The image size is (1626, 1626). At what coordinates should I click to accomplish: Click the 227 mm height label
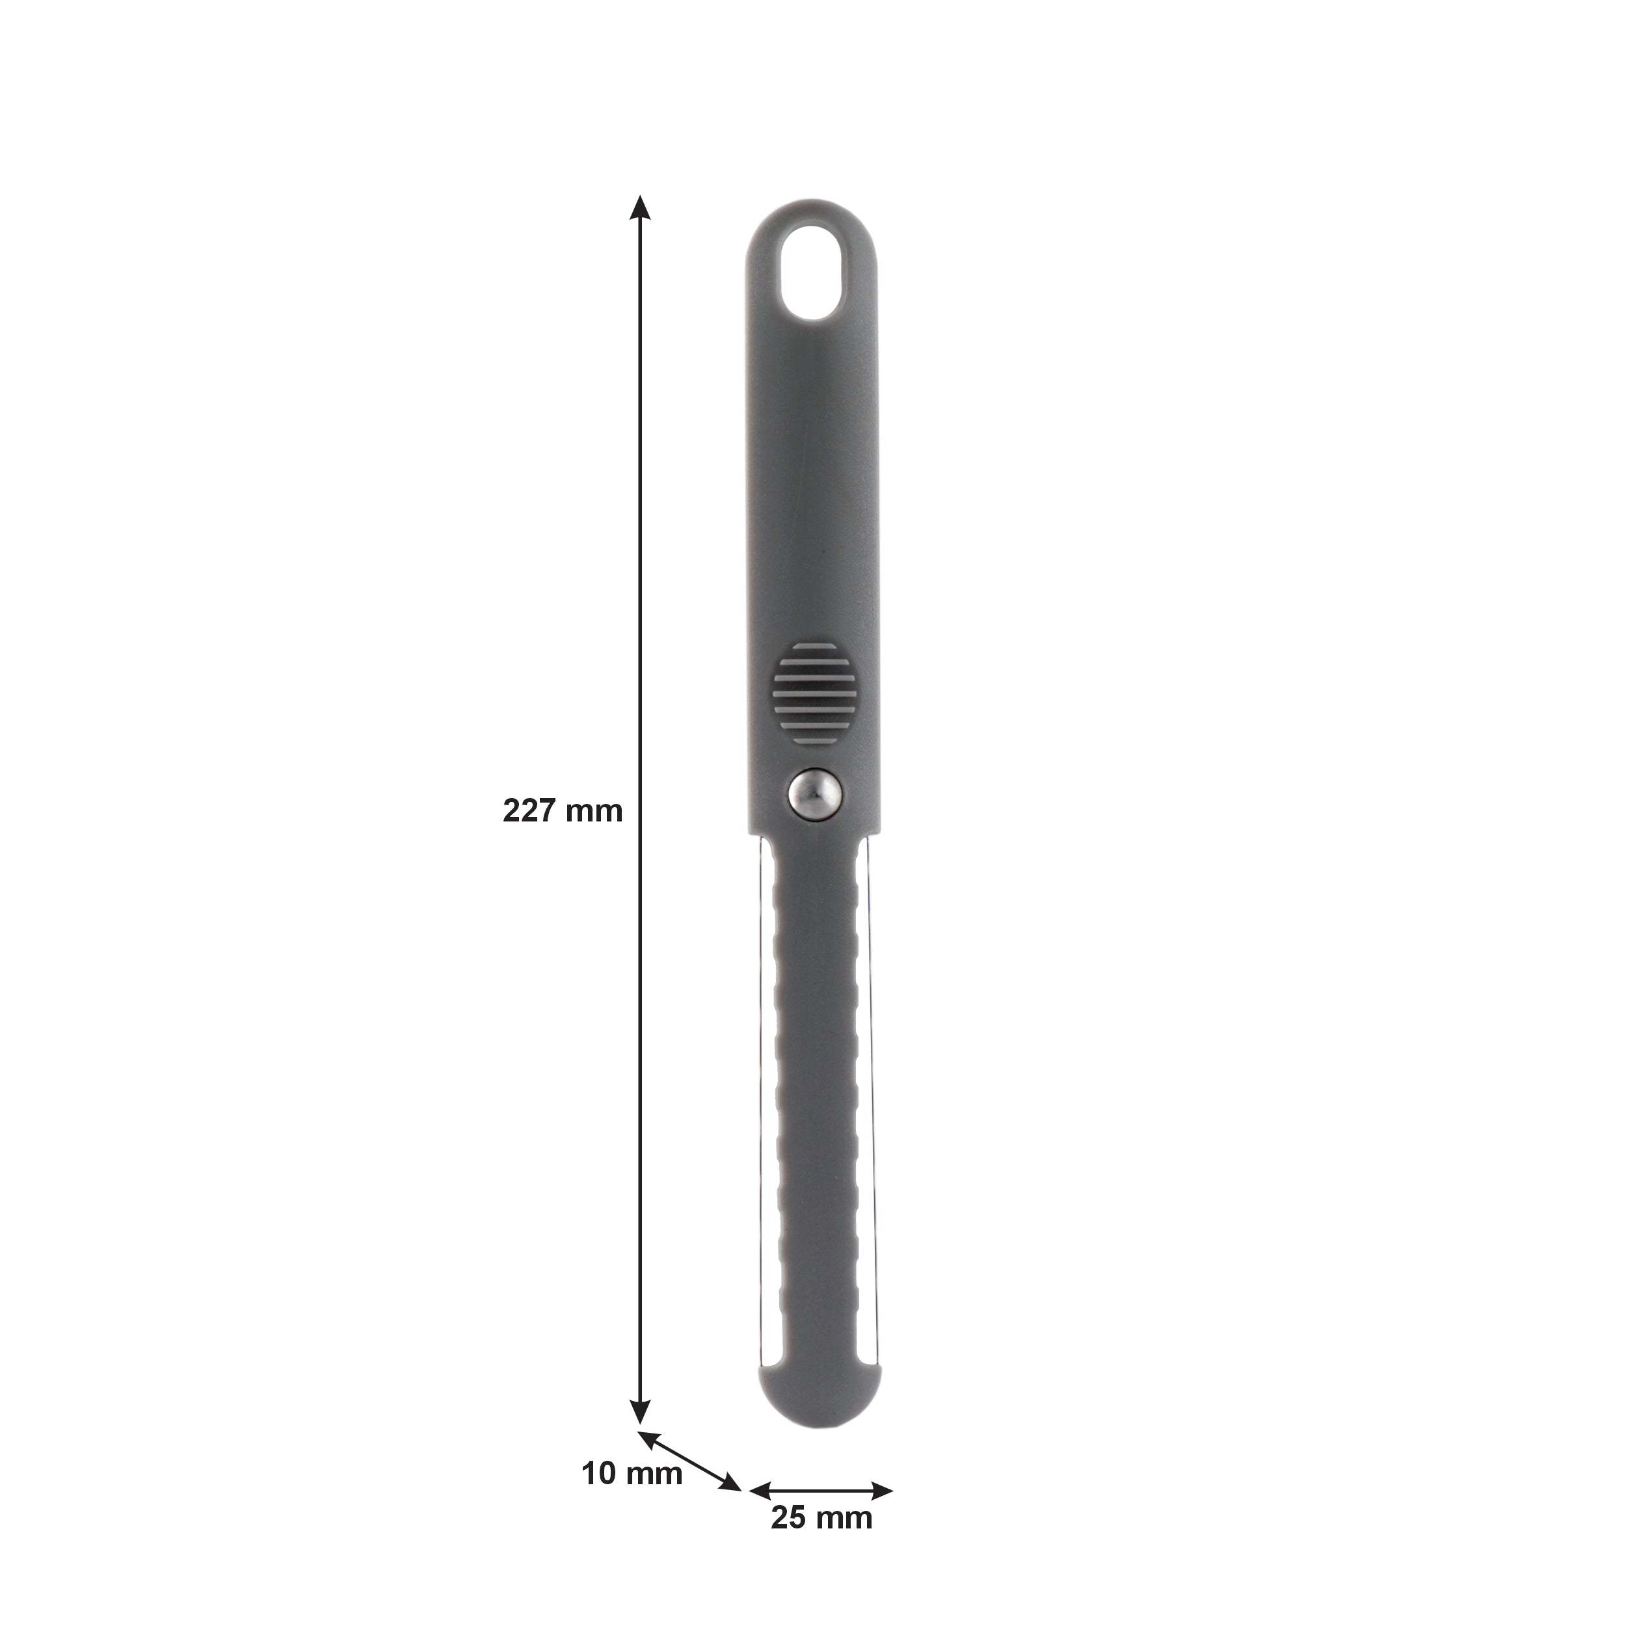pyautogui.click(x=562, y=810)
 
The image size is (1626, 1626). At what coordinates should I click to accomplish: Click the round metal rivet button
pyautogui.click(x=815, y=792)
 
